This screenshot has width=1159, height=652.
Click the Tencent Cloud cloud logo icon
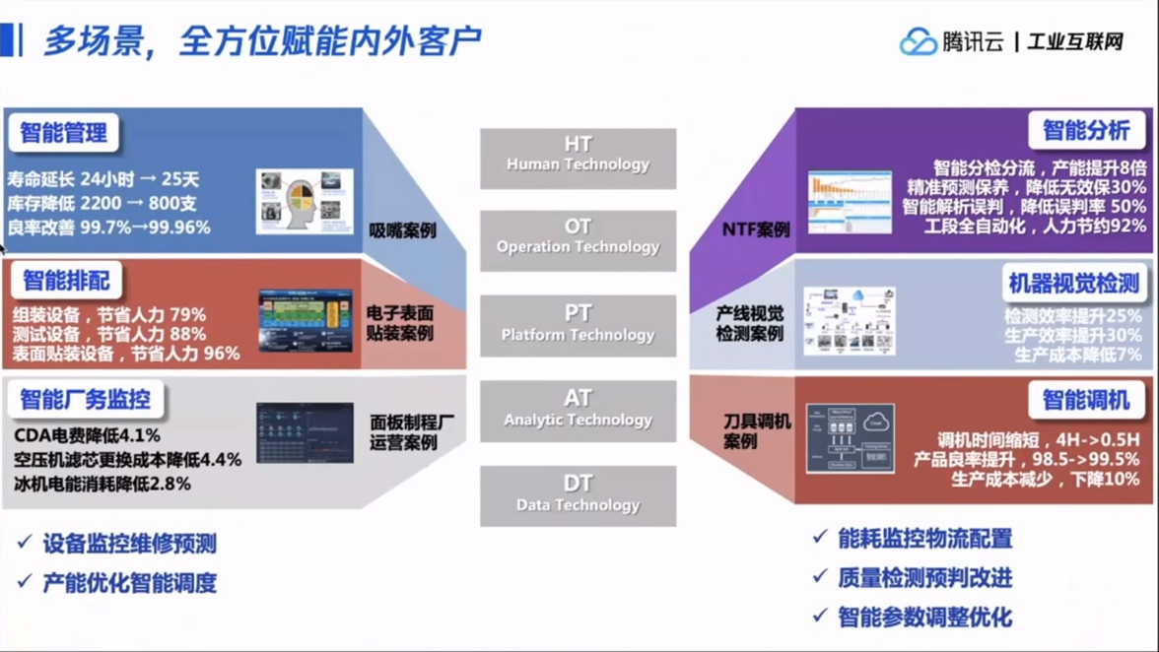(918, 41)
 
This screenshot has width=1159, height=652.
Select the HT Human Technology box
(578, 157)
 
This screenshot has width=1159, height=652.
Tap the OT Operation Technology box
(578, 239)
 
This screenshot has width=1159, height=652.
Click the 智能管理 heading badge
(64, 133)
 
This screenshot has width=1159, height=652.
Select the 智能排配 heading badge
(66, 282)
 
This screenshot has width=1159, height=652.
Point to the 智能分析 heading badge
(1086, 131)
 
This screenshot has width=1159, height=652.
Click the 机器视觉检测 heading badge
(1073, 284)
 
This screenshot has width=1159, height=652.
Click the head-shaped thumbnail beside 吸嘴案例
(304, 201)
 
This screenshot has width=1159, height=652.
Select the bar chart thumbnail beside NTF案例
(850, 202)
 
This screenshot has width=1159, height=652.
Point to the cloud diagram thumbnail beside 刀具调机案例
(850, 438)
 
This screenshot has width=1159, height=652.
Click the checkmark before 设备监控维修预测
(25, 542)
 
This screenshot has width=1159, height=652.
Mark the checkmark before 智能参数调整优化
(819, 616)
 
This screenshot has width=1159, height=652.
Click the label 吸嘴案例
(402, 231)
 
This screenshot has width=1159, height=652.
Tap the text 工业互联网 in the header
(1075, 42)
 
